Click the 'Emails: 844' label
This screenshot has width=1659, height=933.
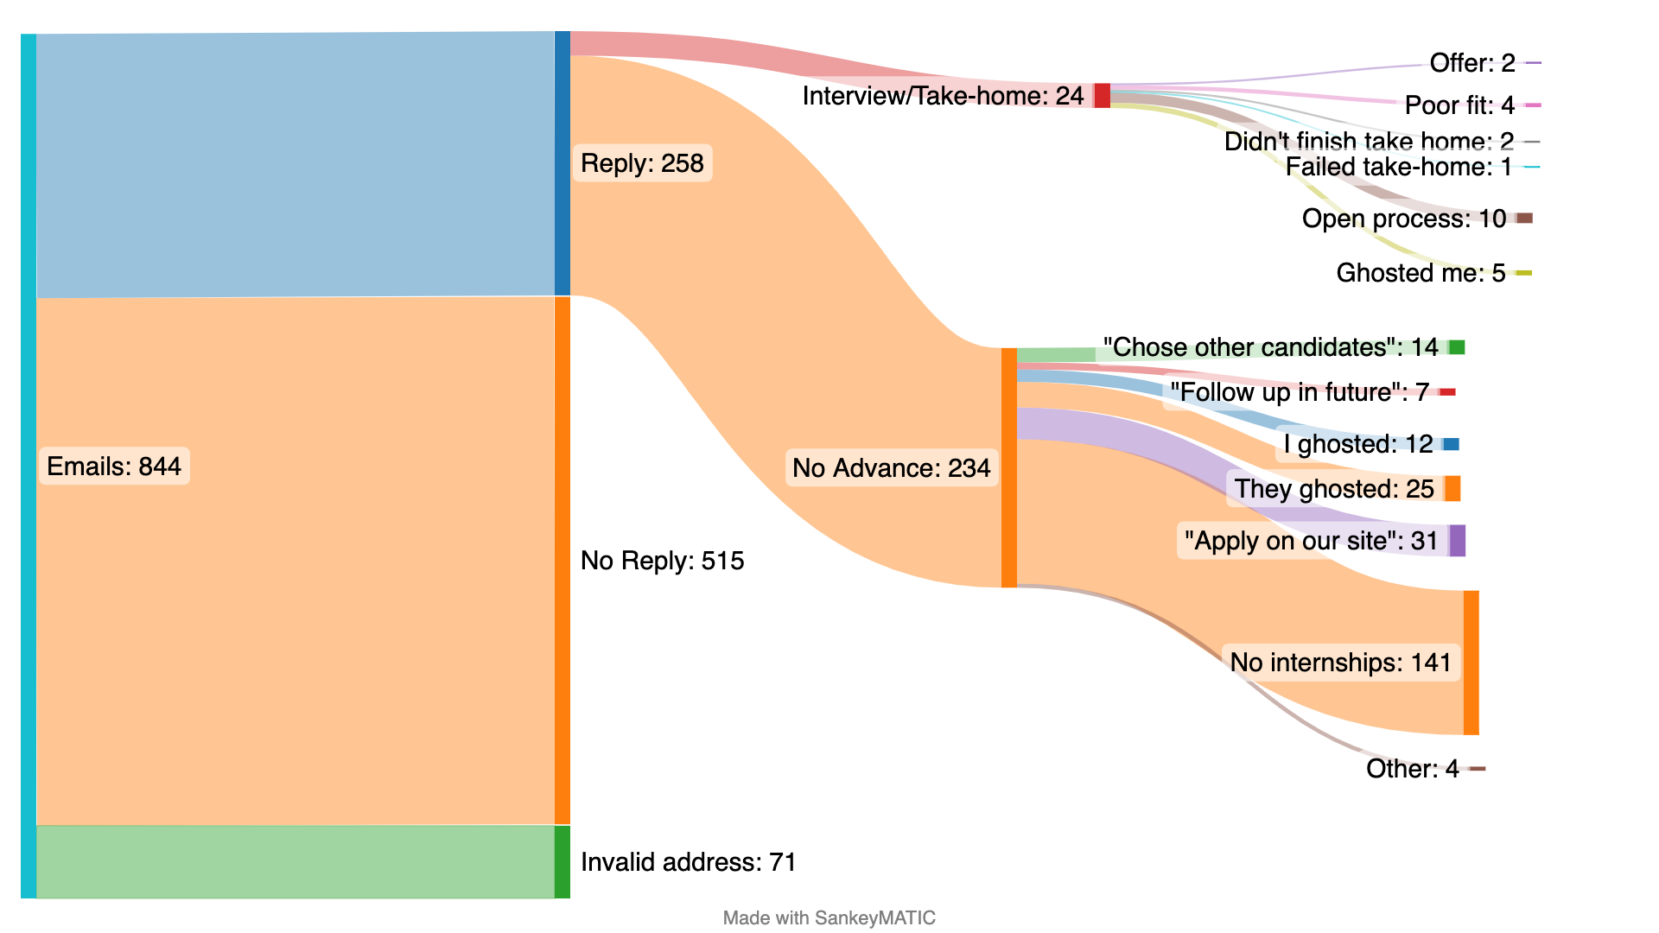[x=114, y=466]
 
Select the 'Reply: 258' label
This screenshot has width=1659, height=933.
[x=642, y=163]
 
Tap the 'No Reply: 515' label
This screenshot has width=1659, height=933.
[x=662, y=561]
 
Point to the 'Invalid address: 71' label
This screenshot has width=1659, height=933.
[x=688, y=862]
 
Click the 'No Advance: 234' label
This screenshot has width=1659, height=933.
[x=891, y=468]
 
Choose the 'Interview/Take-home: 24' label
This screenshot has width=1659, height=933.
[x=943, y=96]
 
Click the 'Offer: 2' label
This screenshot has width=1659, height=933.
[x=1472, y=63]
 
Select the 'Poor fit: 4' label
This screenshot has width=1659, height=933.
[x=1459, y=105]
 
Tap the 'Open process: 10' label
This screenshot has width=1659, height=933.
[x=1404, y=219]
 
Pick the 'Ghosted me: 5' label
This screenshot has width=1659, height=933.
[x=1421, y=273]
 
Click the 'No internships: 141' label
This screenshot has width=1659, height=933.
[x=1340, y=663]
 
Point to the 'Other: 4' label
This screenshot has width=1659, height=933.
[x=1412, y=769]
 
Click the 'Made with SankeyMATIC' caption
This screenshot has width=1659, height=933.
[x=829, y=917]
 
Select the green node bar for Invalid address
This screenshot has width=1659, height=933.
[x=563, y=862]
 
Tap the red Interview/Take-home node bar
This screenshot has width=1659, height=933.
[x=1103, y=96]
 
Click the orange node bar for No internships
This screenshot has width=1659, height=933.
[x=1471, y=663]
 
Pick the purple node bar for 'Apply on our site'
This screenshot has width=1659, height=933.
[x=1458, y=541]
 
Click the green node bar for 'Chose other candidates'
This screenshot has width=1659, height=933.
[x=1457, y=347]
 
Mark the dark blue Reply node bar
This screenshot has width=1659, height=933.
[x=563, y=163]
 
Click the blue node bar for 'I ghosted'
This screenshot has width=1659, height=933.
[x=1452, y=444]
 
